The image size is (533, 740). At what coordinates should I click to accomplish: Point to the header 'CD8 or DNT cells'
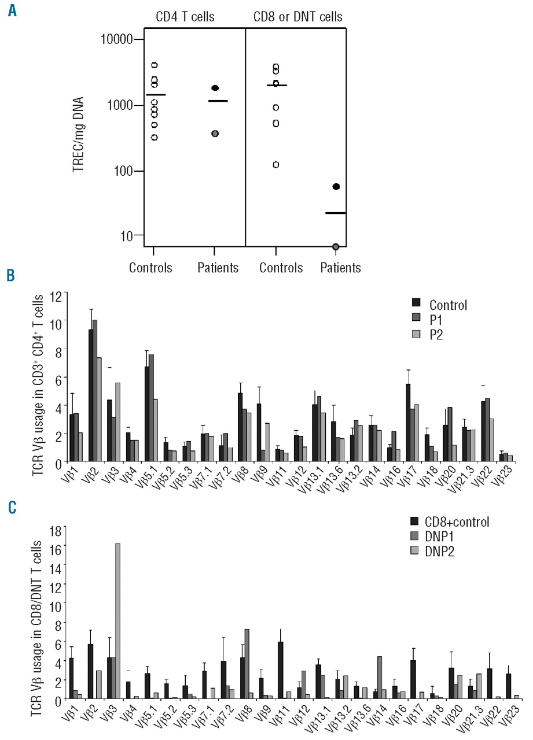tap(295, 17)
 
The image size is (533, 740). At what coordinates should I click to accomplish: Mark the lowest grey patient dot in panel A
tap(336, 247)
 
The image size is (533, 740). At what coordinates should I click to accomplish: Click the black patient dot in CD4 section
tap(215, 88)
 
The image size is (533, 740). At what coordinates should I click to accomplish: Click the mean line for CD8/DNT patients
tap(336, 213)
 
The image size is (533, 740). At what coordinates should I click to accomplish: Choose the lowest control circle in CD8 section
tap(275, 165)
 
